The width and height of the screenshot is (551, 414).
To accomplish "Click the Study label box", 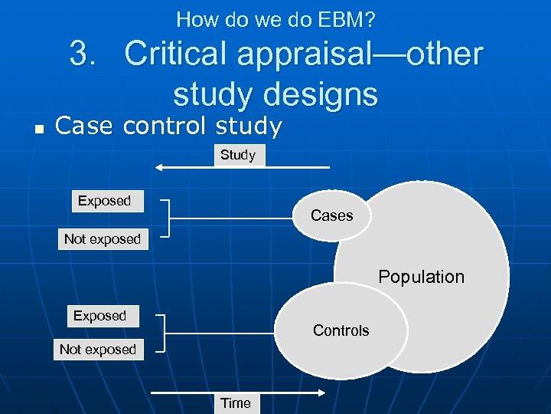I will coord(237,155).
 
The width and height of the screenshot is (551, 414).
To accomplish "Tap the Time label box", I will coord(236,402).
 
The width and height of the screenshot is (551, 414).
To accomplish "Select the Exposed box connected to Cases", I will coord(106,201).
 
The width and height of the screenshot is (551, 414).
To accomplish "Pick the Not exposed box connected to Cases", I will coord(103,239).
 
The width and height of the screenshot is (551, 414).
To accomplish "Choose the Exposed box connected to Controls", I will coord(100,316).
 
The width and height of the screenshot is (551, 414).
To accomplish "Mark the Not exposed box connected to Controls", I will coord(98,350).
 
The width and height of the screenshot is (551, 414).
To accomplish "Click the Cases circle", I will coord(332,215).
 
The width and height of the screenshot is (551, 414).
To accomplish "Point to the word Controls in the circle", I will coord(341,330).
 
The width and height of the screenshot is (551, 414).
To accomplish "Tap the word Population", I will coord(422,277).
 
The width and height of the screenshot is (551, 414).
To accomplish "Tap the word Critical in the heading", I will coord(186,54).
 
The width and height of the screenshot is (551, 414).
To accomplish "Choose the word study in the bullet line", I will coord(248,126).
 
